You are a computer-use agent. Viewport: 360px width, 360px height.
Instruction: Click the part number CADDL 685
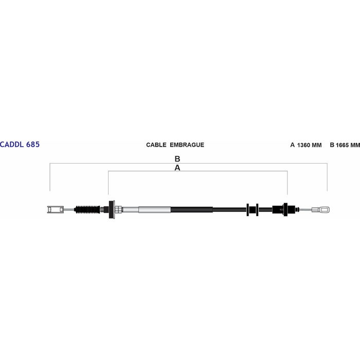coord(20,145)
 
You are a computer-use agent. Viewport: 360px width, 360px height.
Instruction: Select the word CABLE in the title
coord(156,145)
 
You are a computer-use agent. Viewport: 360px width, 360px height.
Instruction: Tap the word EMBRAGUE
coord(187,145)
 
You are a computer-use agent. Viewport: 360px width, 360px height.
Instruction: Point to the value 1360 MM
coord(309,145)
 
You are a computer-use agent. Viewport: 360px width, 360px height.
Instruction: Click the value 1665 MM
coord(348,145)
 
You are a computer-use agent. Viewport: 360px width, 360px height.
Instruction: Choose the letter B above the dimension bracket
coord(177,158)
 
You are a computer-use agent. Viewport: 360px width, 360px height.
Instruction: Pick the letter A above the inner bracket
coord(177,168)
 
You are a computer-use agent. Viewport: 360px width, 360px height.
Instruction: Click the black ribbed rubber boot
coord(87,209)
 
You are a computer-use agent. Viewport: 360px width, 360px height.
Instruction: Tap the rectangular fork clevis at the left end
coord(55,209)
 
